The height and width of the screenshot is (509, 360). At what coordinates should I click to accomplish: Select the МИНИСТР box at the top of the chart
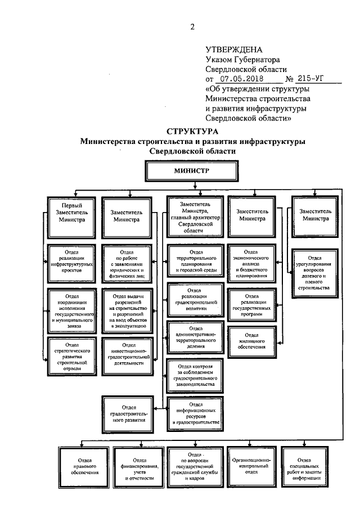pos(193,170)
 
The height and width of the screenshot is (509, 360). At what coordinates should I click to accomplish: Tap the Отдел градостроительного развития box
pos(126,412)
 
